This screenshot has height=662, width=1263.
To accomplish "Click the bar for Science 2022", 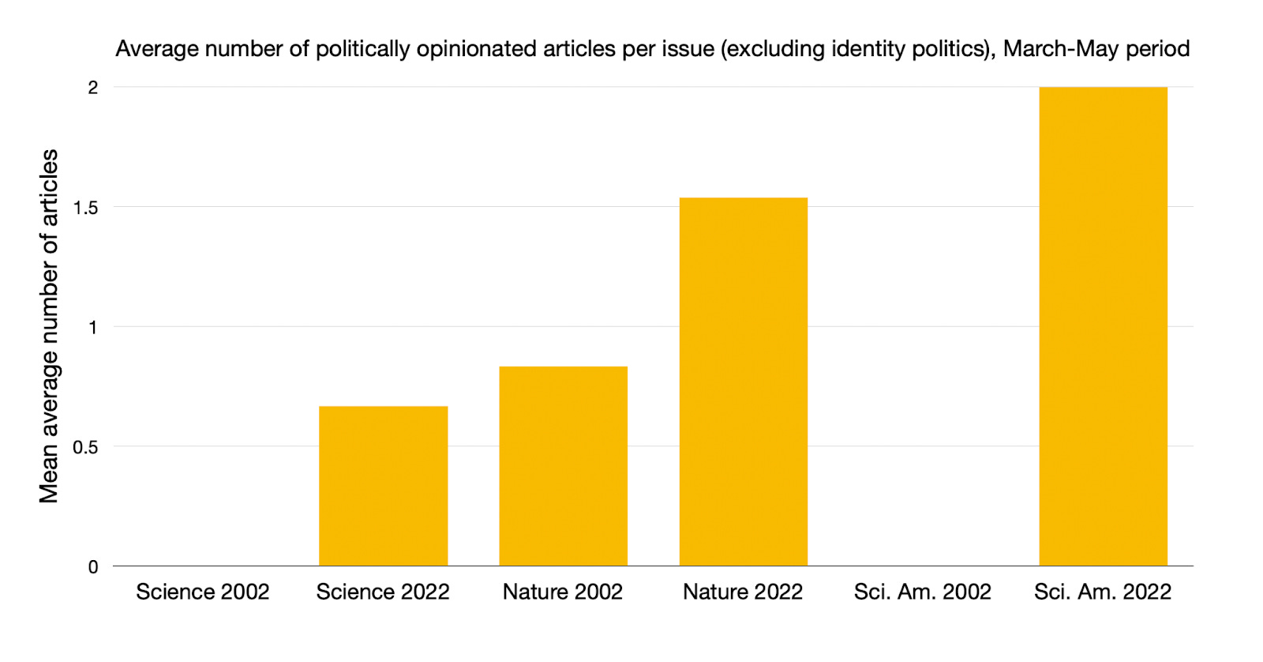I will (383, 486).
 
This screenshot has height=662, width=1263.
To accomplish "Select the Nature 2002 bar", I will (563, 466).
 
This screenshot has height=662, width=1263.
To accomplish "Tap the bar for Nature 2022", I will (743, 382).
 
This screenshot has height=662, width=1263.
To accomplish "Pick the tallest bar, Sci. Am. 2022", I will (1103, 326).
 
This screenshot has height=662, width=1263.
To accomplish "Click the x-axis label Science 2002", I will (203, 592).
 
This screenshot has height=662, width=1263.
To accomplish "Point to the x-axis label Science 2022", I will (383, 592).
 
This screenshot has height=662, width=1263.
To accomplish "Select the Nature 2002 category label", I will (563, 592).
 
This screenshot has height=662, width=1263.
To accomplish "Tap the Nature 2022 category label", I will (743, 592).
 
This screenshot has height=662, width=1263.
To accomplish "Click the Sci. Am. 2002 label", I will (922, 592).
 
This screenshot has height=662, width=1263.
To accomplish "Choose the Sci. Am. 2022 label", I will (1103, 592).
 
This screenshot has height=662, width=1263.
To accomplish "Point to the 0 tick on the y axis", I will (93, 566).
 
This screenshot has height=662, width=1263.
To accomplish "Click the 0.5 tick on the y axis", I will (85, 447).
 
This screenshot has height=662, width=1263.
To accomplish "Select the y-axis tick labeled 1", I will (93, 327).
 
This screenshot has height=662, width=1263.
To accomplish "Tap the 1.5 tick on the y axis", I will (85, 208).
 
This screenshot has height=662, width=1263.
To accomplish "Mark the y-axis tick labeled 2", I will (93, 88).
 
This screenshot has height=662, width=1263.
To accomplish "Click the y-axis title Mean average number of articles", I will (49, 326).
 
